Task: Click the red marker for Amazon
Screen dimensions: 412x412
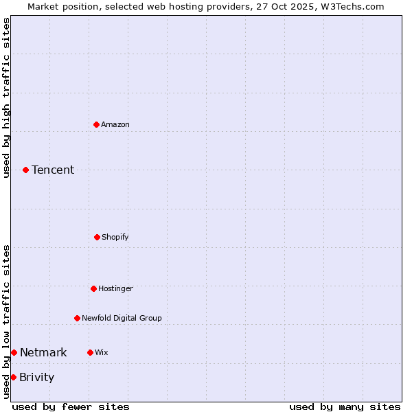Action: tap(96, 124)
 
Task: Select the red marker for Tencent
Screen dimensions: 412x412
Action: tap(25, 170)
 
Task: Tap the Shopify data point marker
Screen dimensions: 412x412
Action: tap(97, 237)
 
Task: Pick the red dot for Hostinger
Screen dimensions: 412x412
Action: tap(93, 288)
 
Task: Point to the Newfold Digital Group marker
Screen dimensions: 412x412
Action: tap(77, 318)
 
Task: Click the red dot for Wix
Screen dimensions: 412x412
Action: tap(90, 352)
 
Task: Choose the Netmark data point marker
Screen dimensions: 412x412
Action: tap(14, 352)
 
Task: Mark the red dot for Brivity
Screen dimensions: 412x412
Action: tap(13, 377)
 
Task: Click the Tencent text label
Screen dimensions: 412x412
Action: tap(53, 170)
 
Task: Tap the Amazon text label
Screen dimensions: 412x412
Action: tap(115, 124)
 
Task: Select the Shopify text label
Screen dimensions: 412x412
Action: tap(115, 237)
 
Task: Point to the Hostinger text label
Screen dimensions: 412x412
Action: tap(115, 288)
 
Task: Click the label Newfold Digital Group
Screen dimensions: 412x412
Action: tap(122, 318)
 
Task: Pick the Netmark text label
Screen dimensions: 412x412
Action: tap(43, 352)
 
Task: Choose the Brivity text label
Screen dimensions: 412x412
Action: tap(36, 377)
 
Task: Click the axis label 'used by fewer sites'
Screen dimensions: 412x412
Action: tap(71, 407)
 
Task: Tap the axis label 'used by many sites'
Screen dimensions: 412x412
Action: tap(345, 407)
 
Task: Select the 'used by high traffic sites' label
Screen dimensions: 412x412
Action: tap(6, 98)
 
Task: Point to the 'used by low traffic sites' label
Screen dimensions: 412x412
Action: tap(6, 321)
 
